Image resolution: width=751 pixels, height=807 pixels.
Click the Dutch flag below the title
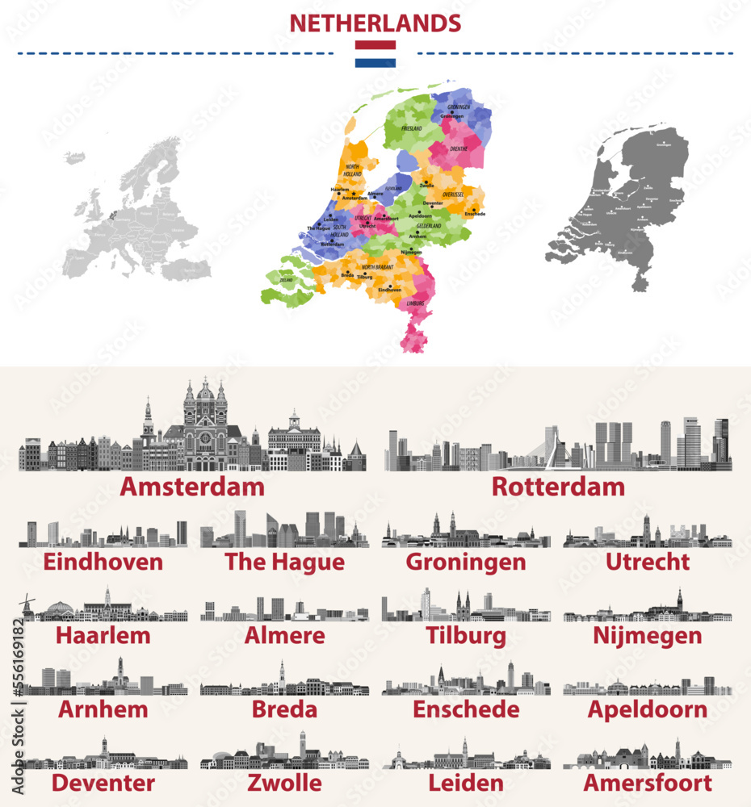(x=375, y=53)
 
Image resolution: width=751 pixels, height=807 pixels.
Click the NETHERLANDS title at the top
(x=375, y=23)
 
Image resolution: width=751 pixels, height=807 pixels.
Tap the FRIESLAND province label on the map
(x=412, y=128)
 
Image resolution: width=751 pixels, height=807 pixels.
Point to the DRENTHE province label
(x=459, y=149)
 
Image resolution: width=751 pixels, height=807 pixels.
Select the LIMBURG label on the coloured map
(x=415, y=303)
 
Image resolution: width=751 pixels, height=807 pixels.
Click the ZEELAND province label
(x=287, y=280)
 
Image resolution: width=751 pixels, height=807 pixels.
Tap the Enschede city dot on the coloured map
(x=475, y=209)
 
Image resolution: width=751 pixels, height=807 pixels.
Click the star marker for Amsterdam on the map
(x=353, y=194)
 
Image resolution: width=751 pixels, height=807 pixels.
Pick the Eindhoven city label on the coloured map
(x=389, y=289)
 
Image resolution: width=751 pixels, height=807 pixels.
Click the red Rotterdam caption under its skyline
(x=558, y=487)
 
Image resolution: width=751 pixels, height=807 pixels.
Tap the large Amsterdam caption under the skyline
(x=192, y=487)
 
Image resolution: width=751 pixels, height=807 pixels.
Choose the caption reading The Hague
(x=284, y=562)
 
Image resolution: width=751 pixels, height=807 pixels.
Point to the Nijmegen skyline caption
(x=647, y=636)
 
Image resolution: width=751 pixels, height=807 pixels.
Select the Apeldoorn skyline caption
(x=647, y=710)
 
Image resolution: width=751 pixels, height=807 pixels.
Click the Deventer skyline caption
(x=103, y=783)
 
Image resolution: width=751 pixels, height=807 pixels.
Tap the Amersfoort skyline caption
(x=648, y=783)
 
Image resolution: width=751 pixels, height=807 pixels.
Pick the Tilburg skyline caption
(x=466, y=636)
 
